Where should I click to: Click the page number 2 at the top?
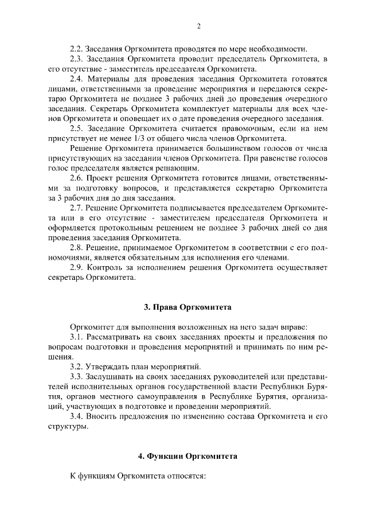198,26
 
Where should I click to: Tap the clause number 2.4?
77,79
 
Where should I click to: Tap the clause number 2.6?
77,178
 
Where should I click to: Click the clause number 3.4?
77,416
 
